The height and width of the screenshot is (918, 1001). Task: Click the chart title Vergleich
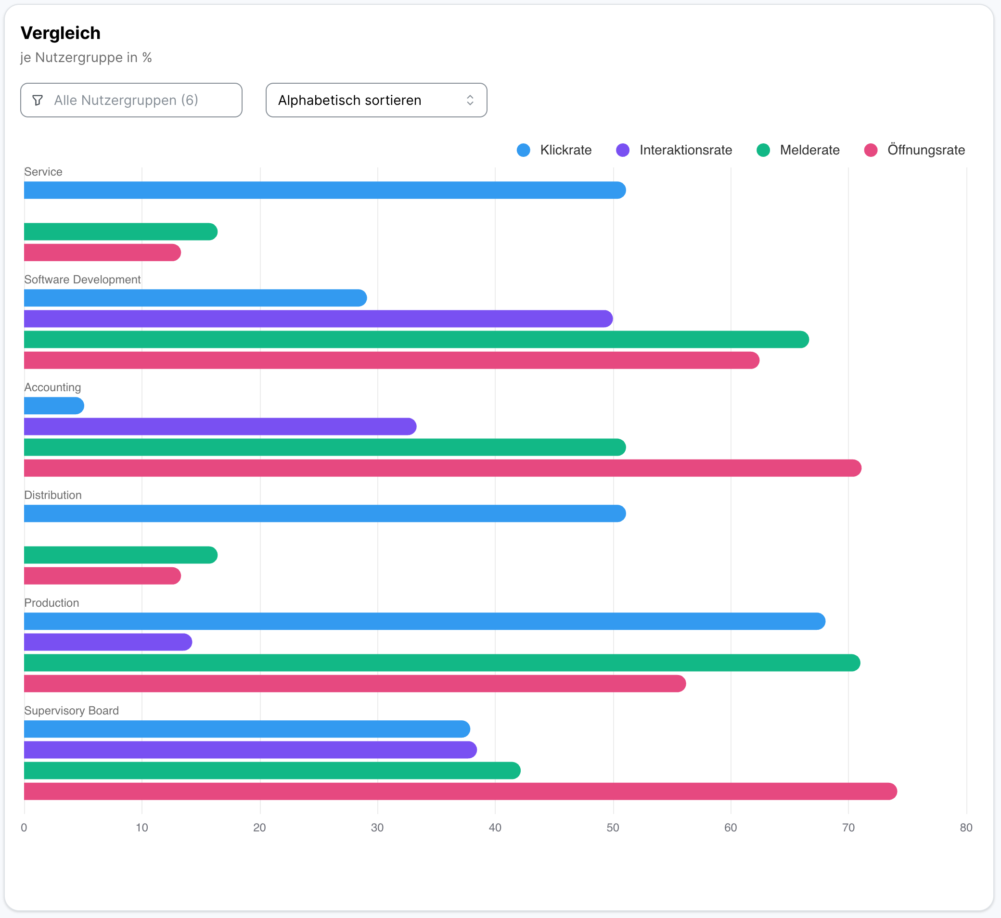61,33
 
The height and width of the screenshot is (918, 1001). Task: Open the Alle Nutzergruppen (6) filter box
131,101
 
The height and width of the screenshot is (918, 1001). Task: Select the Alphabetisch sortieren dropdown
376,101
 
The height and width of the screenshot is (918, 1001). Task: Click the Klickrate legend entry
554,150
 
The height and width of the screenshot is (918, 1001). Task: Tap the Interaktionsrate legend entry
674,150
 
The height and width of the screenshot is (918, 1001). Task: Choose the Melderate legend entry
798,150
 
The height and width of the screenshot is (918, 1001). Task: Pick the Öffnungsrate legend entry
914,150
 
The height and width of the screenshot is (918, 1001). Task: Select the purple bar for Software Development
318,319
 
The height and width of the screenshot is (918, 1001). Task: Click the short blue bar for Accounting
53,406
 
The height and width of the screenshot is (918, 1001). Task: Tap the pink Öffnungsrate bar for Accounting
442,468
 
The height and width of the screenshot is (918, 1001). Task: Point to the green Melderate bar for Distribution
120,555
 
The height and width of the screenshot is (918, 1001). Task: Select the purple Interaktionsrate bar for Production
107,642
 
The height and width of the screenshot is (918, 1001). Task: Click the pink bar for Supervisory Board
460,791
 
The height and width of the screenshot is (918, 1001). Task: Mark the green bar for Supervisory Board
272,770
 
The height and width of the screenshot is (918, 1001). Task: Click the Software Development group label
82,280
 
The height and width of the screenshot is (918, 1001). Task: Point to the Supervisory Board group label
72,711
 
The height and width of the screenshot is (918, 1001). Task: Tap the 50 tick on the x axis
613,828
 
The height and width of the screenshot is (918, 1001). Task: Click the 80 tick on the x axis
966,828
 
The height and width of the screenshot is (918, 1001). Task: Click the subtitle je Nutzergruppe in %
86,58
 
